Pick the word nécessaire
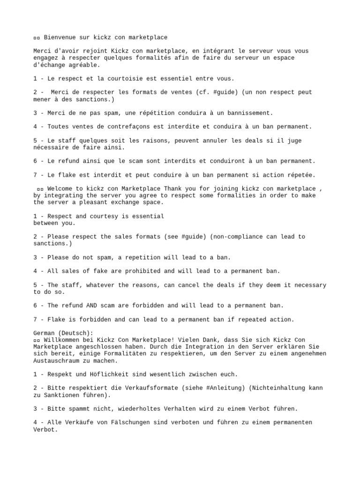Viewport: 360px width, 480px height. tap(52, 147)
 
